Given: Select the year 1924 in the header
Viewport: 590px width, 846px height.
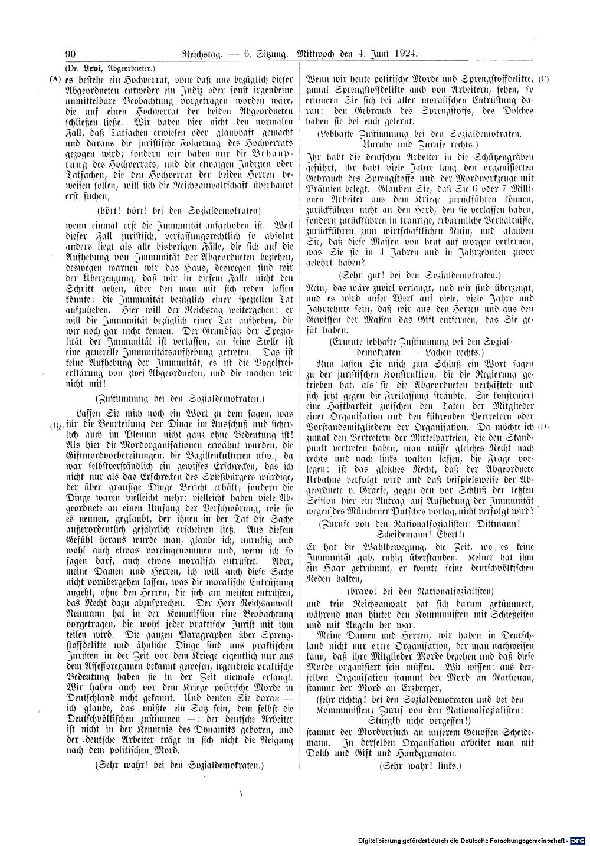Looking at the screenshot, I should click(405, 54).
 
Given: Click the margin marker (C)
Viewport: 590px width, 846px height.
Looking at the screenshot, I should click(544, 78).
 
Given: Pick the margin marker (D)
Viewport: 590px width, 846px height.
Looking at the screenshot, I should click(544, 427).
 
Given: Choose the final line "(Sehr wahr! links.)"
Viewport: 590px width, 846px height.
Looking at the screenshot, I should click(420, 766).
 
